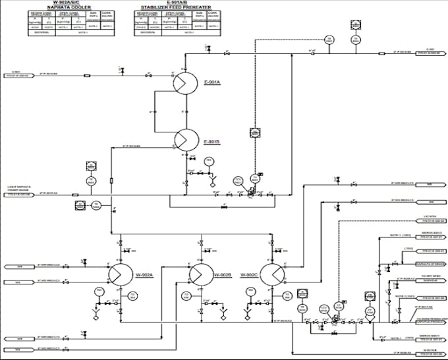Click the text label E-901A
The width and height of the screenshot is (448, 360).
pyautogui.click(x=211, y=82)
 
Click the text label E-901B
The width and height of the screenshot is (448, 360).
pyautogui.click(x=211, y=142)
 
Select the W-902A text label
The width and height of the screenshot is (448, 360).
pyautogui.click(x=144, y=275)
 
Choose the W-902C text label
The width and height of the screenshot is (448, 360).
pyautogui.click(x=248, y=275)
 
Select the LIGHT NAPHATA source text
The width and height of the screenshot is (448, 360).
pyautogui.click(x=19, y=187)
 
